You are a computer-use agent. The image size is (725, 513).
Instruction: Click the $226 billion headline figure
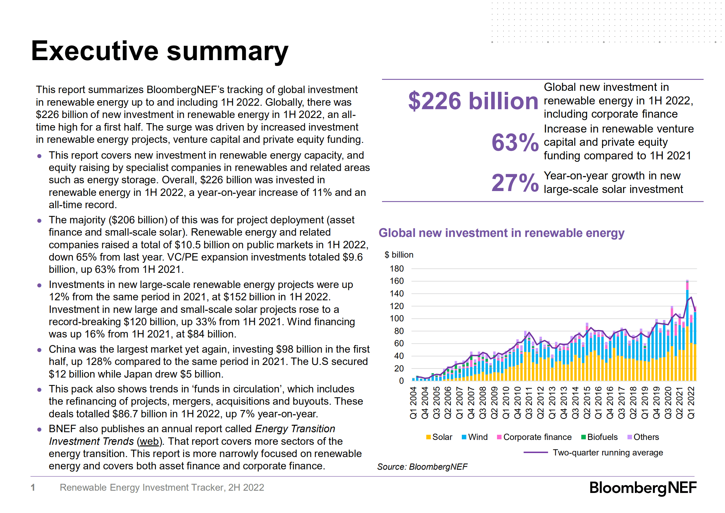coord(473,101)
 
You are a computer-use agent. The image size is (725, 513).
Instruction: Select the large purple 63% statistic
coord(515,143)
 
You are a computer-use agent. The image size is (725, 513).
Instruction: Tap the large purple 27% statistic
coord(515,183)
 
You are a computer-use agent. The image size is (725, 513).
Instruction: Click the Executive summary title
coord(160,51)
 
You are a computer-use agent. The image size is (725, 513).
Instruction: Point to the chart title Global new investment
coord(501,233)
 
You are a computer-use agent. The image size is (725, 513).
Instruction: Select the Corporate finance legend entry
coord(534,437)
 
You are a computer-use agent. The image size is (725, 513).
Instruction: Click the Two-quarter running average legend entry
coord(594,453)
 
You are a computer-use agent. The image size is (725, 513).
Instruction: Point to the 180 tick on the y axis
coord(397,269)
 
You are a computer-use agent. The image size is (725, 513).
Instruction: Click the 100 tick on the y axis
coord(397,319)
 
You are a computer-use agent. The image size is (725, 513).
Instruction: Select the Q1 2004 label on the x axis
coord(413,403)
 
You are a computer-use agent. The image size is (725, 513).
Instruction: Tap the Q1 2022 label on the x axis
coord(691,403)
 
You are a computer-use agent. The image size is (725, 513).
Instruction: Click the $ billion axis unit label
coord(399,255)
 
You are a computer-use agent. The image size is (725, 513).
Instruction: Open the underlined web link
coord(149,442)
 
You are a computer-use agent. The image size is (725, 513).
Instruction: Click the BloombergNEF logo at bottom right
coord(643,488)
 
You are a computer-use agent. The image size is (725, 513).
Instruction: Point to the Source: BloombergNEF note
coord(422,467)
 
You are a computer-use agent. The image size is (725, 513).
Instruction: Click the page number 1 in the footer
coord(33,487)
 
